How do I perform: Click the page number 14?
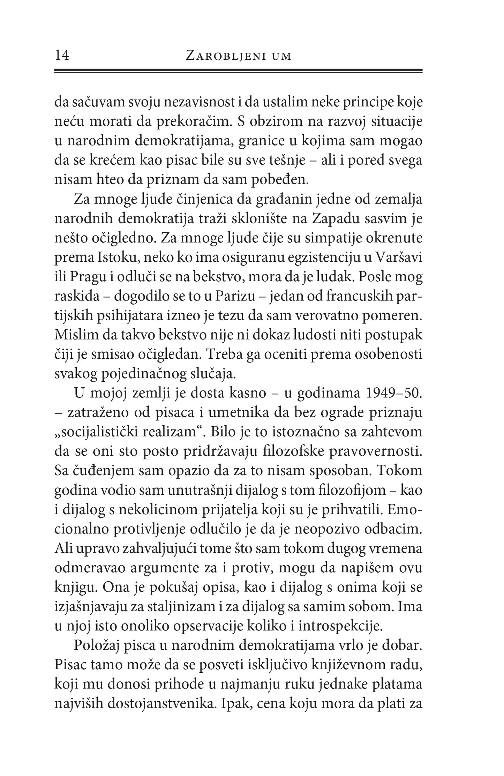point(62,55)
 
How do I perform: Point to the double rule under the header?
point(238,70)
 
